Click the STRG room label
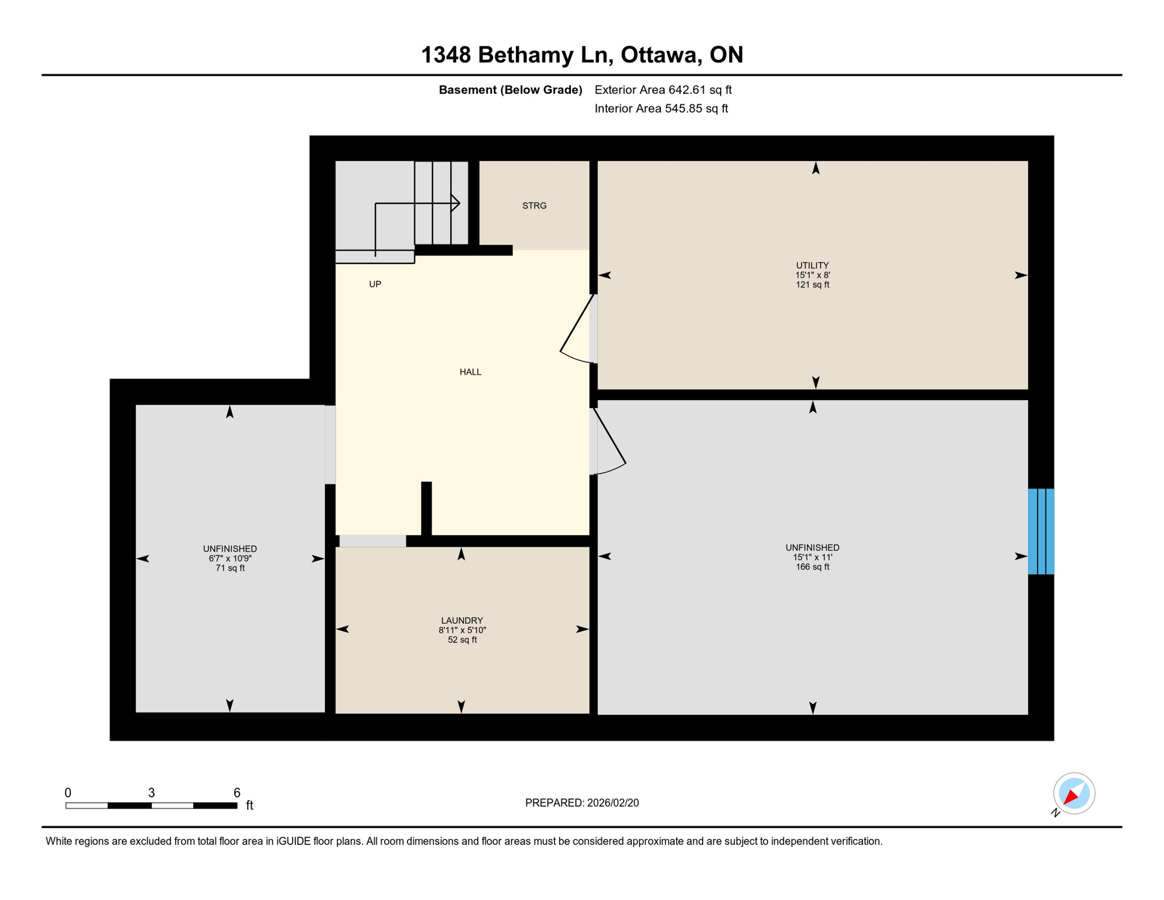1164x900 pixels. tap(534, 206)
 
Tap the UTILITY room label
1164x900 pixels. tap(812, 265)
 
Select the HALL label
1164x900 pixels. tap(470, 372)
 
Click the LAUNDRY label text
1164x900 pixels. tap(462, 621)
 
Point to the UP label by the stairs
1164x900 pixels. tap(375, 284)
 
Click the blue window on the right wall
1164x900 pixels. tap(1041, 531)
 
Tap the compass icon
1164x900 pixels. tap(1074, 793)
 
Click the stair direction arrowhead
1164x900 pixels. tap(456, 203)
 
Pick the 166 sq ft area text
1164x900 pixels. tap(812, 567)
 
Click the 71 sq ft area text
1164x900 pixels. tap(230, 568)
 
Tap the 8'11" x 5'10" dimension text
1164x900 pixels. tap(462, 630)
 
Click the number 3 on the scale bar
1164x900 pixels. tap(151, 793)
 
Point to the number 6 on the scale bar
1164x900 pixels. tap(237, 793)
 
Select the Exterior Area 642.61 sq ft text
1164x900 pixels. tap(663, 90)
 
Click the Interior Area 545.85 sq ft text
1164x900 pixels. tap(661, 108)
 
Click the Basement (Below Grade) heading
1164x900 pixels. tap(510, 90)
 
